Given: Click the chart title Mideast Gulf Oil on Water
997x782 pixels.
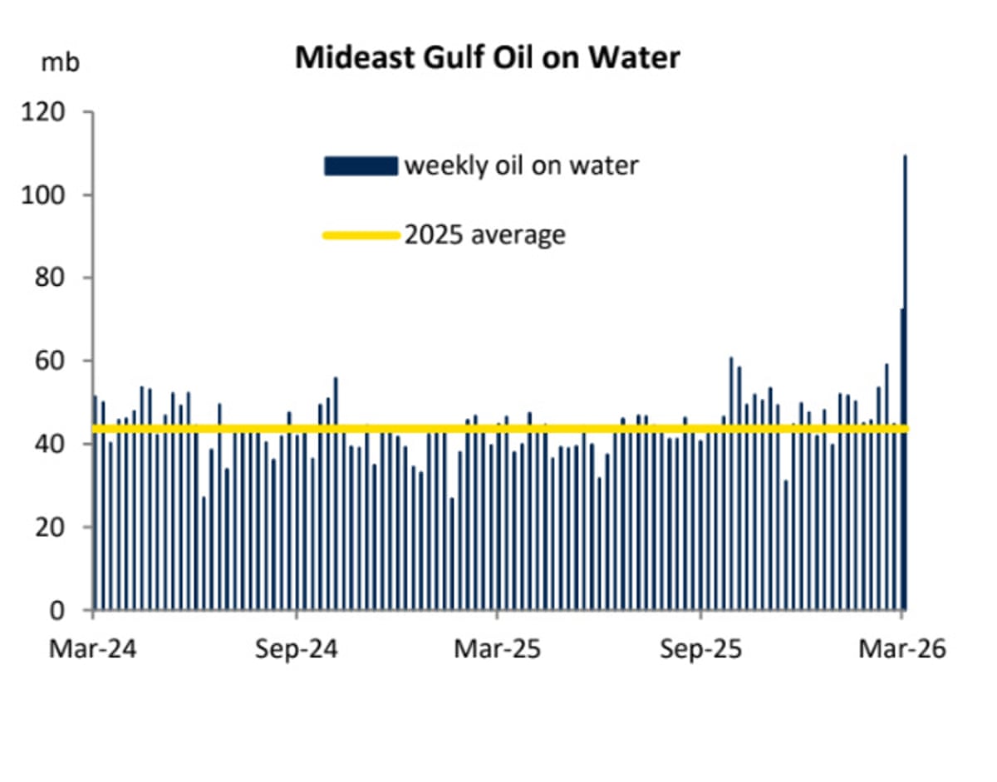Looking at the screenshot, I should pyautogui.click(x=488, y=57).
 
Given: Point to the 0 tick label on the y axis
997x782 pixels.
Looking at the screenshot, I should pyautogui.click(x=67, y=610).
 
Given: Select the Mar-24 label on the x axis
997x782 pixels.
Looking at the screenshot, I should pyautogui.click(x=92, y=648).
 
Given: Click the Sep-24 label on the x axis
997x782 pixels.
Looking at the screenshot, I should pyautogui.click(x=297, y=648).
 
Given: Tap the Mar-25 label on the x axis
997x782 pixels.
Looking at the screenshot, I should pyautogui.click(x=497, y=648).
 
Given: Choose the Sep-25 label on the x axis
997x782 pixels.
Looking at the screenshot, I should pyautogui.click(x=701, y=648).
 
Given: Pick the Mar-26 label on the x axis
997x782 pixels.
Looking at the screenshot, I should pyautogui.click(x=902, y=648).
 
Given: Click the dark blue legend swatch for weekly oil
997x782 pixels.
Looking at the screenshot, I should pyautogui.click(x=361, y=165).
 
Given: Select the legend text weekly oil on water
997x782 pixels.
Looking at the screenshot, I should pyautogui.click(x=521, y=165).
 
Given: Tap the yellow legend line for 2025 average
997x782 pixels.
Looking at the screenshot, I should pyautogui.click(x=361, y=235).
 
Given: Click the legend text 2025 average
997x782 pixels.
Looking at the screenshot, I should pyautogui.click(x=484, y=235).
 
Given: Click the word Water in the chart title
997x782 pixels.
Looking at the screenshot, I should pyautogui.click(x=635, y=57).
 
